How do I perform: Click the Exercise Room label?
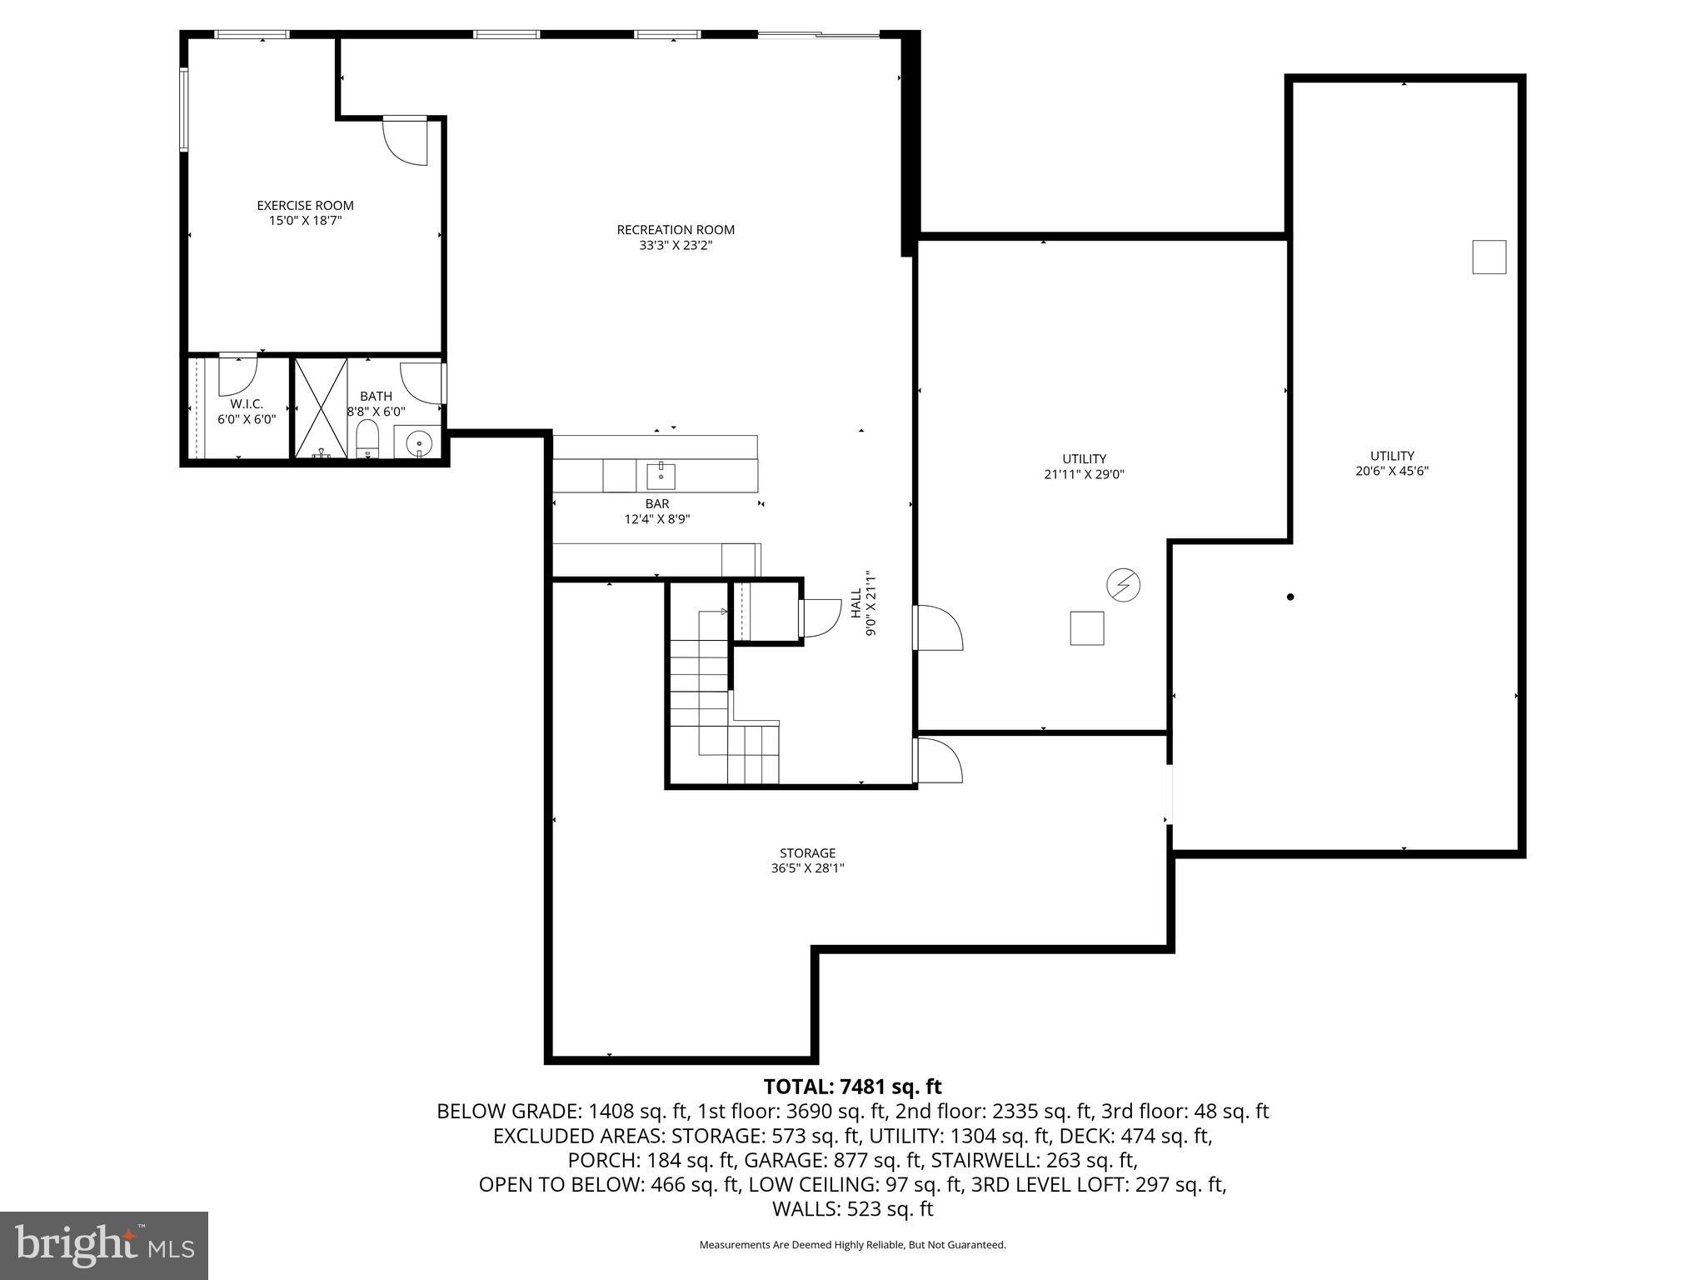click(x=305, y=206)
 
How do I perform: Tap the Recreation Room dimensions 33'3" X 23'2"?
click(x=676, y=246)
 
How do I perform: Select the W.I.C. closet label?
click(x=247, y=404)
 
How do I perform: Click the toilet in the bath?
click(x=367, y=439)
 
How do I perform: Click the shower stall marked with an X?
click(x=322, y=407)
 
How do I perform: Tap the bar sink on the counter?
click(x=661, y=477)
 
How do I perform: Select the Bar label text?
click(x=657, y=504)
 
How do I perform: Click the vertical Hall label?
click(x=855, y=602)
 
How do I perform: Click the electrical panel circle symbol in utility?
click(x=1123, y=585)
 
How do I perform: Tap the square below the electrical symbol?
click(x=1087, y=628)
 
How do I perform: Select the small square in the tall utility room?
click(x=1489, y=257)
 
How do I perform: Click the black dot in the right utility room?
click(x=1290, y=597)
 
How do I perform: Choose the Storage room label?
click(x=807, y=853)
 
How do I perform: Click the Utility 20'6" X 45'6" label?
click(x=1392, y=463)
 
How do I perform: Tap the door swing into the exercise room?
click(x=406, y=141)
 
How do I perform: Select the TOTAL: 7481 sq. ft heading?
click(x=852, y=1087)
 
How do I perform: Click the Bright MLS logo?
click(x=104, y=1245)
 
